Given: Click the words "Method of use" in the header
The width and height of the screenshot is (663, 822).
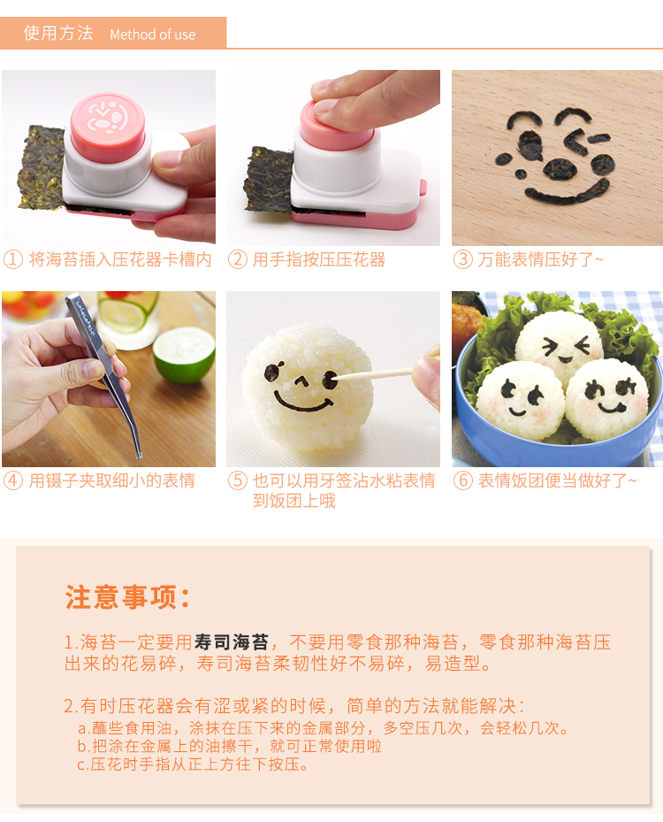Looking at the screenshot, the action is pos(152,35).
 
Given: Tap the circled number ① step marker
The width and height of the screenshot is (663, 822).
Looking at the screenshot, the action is pos(13,259).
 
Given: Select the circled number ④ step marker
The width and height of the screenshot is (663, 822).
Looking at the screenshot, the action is pos(13,480).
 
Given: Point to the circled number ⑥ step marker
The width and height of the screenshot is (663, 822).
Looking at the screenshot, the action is pos(463,480).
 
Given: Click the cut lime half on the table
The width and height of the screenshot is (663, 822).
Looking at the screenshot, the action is pos(184,353).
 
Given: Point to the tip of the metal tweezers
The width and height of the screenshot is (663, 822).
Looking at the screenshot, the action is pos(140,457).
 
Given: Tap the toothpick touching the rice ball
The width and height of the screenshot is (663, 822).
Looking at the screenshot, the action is pos(375,374).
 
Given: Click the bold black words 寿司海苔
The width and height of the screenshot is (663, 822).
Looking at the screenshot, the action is pos(232,642).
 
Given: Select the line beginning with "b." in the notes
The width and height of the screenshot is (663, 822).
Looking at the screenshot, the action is pos(229,746).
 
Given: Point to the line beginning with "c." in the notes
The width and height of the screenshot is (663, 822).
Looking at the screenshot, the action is pos(193,764).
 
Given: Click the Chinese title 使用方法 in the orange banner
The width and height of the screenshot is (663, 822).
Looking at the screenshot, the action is pos(58,33).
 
